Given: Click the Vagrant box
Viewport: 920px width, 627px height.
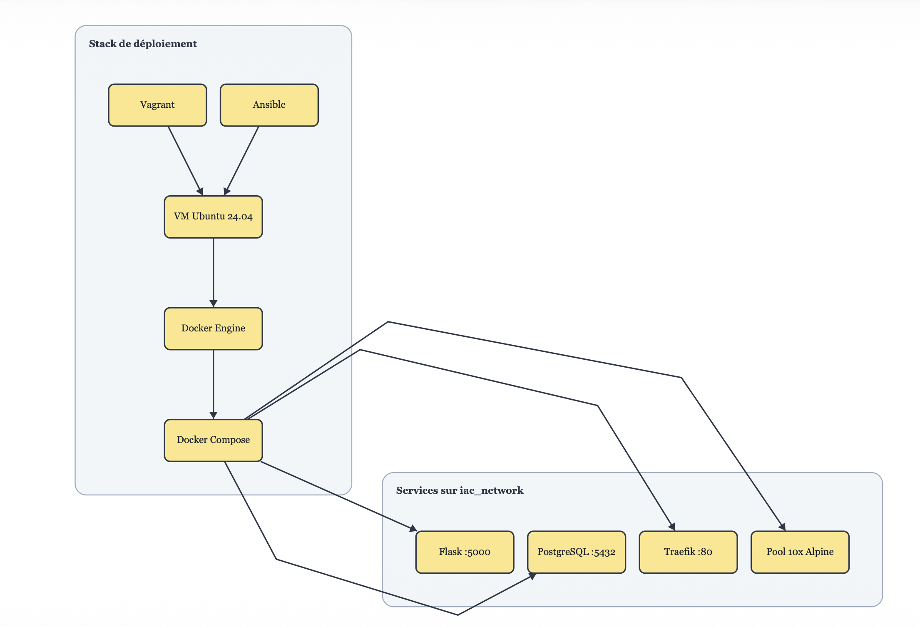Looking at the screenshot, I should [157, 105].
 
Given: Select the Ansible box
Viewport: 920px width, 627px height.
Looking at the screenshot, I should [269, 105].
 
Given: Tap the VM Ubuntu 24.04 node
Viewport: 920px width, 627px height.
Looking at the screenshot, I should [213, 216].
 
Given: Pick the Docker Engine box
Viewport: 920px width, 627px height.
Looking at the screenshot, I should [213, 328].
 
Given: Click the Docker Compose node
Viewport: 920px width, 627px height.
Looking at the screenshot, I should [213, 440].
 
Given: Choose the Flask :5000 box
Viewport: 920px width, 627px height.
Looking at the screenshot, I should [465, 552].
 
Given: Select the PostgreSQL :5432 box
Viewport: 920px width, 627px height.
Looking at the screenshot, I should [576, 552].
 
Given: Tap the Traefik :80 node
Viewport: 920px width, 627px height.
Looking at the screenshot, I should [688, 552].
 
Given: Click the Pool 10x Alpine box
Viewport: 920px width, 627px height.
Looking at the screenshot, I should [800, 552].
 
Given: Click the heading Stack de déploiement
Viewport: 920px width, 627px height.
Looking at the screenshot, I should [142, 44].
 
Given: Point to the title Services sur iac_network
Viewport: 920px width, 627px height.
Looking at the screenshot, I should [459, 490].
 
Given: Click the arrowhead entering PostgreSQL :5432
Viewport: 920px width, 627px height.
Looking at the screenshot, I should [532, 576].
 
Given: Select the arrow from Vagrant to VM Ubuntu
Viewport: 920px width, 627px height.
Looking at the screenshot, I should [185, 160].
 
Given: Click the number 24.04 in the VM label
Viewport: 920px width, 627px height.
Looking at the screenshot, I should [240, 217].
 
